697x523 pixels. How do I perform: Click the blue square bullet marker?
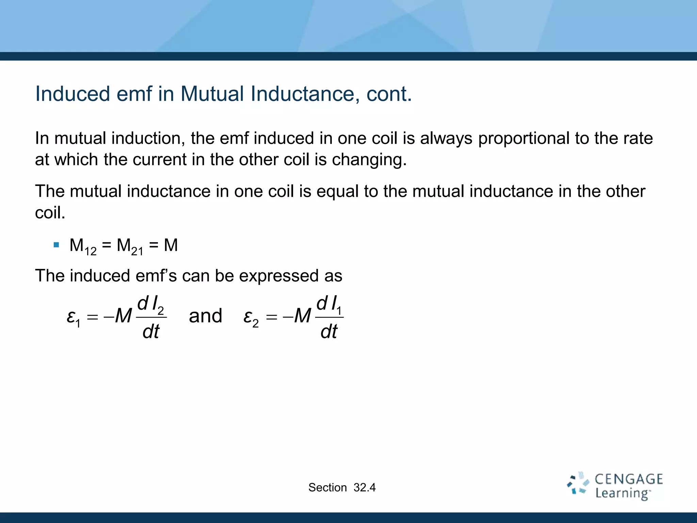click(56, 245)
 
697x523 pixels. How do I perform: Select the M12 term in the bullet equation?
click(83, 246)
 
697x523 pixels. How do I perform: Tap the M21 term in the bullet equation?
click(130, 246)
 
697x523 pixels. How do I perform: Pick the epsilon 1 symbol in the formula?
click(73, 317)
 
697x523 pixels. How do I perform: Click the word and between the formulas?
click(205, 316)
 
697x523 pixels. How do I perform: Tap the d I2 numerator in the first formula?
click(150, 304)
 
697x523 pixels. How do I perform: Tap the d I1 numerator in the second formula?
click(329, 304)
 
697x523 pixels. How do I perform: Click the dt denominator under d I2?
click(151, 331)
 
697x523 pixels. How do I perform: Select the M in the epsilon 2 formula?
click(302, 316)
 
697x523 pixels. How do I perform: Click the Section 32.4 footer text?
click(342, 488)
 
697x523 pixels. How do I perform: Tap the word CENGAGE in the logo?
click(629, 479)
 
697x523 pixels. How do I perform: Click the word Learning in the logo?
click(622, 493)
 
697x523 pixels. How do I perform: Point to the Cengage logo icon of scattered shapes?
click(578, 483)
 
